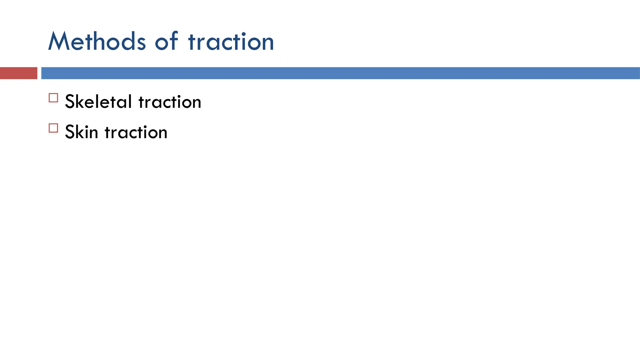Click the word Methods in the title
coord(97,41)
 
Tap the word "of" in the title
coord(167,41)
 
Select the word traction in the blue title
coord(231,42)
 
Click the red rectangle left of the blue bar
coord(18,73)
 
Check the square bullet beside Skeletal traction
coord(53,98)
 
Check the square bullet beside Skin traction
coord(53,128)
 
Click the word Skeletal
coord(98,102)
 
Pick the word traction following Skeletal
coord(170,102)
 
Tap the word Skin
coord(81,132)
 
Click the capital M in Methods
coord(58,41)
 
